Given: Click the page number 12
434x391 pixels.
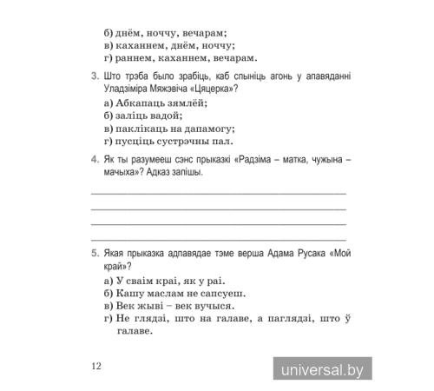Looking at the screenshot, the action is tap(96, 366).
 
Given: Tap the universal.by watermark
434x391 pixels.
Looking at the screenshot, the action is tap(323, 369).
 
